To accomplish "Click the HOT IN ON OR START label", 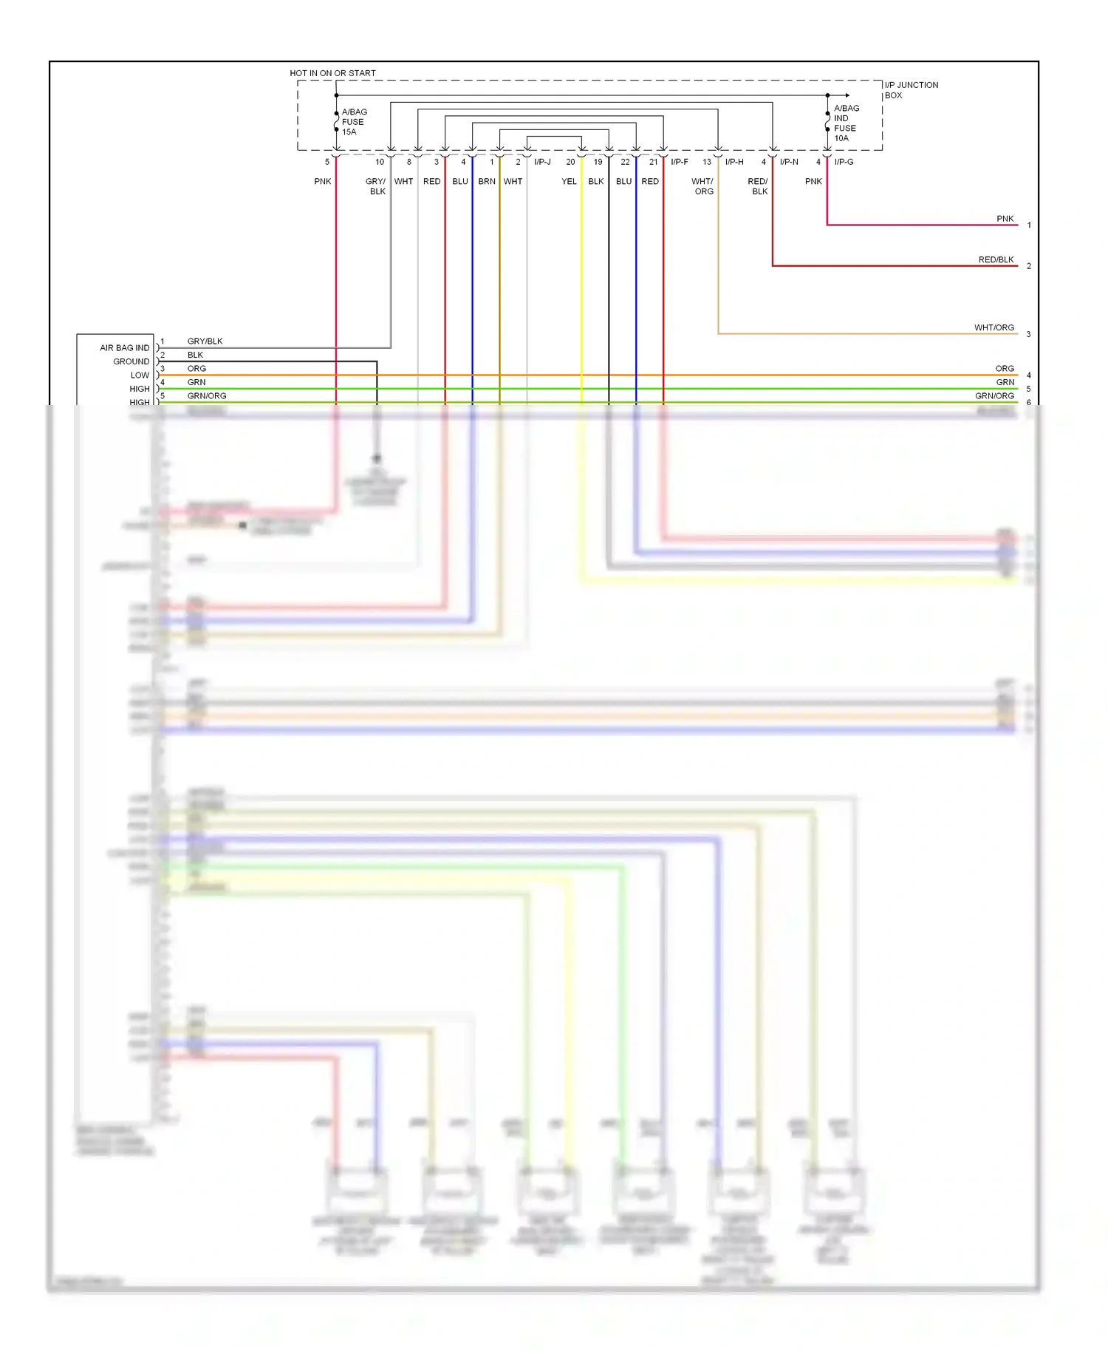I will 332,73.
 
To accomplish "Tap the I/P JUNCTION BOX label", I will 911,90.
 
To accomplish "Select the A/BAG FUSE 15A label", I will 354,122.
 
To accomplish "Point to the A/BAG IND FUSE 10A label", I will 847,123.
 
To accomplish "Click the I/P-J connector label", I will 542,162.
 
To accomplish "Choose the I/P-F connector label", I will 679,162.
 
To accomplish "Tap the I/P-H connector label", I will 734,162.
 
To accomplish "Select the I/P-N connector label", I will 789,162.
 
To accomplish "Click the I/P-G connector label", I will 844,162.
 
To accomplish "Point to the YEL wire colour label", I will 569,182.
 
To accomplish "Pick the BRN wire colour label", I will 487,182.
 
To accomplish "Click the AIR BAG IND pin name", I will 124,348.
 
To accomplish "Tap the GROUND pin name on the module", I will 131,361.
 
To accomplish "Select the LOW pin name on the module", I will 140,375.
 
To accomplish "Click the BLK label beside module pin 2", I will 195,355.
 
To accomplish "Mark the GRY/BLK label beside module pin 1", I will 205,341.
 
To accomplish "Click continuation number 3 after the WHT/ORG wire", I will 1028,335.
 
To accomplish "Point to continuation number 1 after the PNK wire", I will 1029,225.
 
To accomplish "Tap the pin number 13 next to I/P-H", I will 707,162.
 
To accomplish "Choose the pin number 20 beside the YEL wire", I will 570,162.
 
